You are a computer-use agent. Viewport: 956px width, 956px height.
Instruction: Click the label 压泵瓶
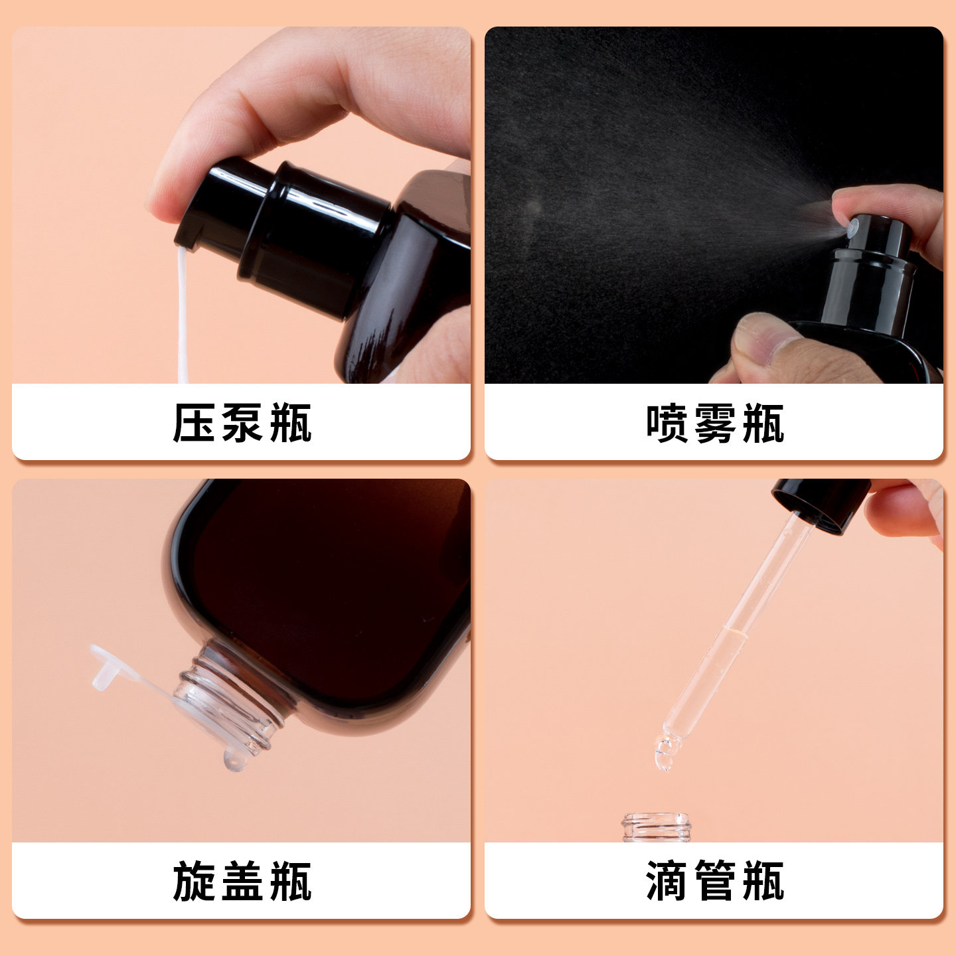(242, 423)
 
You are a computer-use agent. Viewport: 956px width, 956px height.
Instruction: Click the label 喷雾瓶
(714, 423)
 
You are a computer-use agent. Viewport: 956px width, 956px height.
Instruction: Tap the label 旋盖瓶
(242, 881)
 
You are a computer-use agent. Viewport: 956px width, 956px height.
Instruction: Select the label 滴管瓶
(714, 881)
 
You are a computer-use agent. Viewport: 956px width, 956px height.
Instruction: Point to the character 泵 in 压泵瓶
(242, 423)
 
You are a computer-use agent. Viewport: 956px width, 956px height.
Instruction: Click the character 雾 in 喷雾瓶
(714, 423)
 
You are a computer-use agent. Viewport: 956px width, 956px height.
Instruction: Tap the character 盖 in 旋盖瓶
(242, 881)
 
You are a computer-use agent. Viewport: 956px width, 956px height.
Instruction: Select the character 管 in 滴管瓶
(714, 881)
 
